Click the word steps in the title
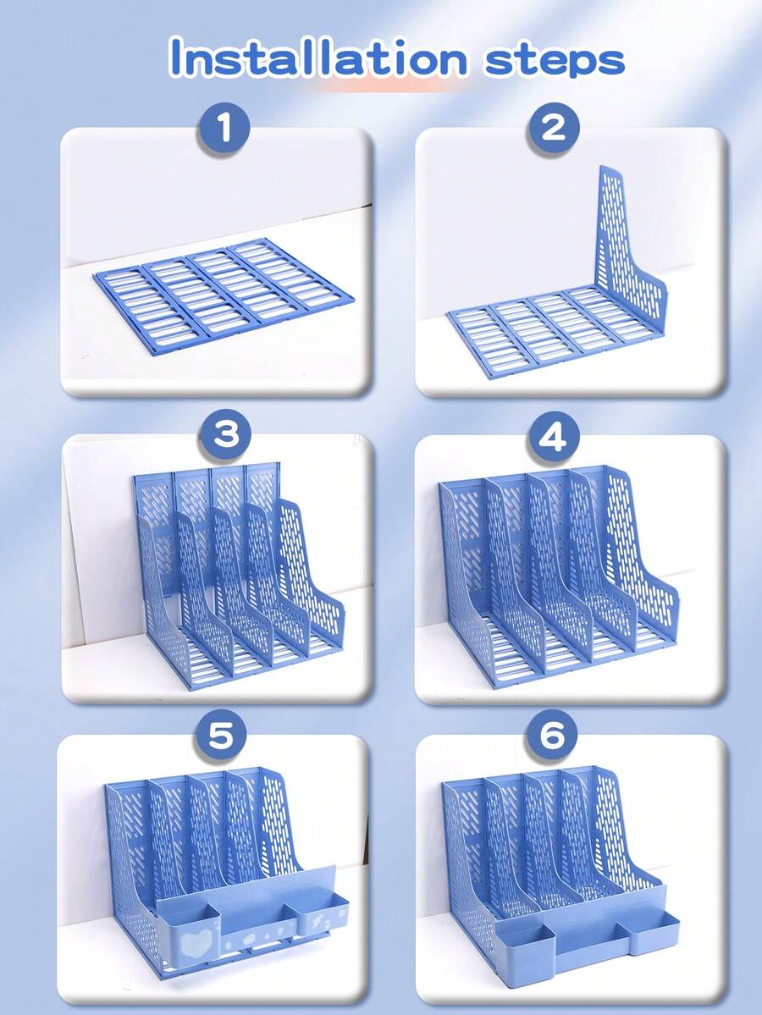point(555,59)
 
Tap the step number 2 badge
point(554,129)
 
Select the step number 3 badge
point(225,435)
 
